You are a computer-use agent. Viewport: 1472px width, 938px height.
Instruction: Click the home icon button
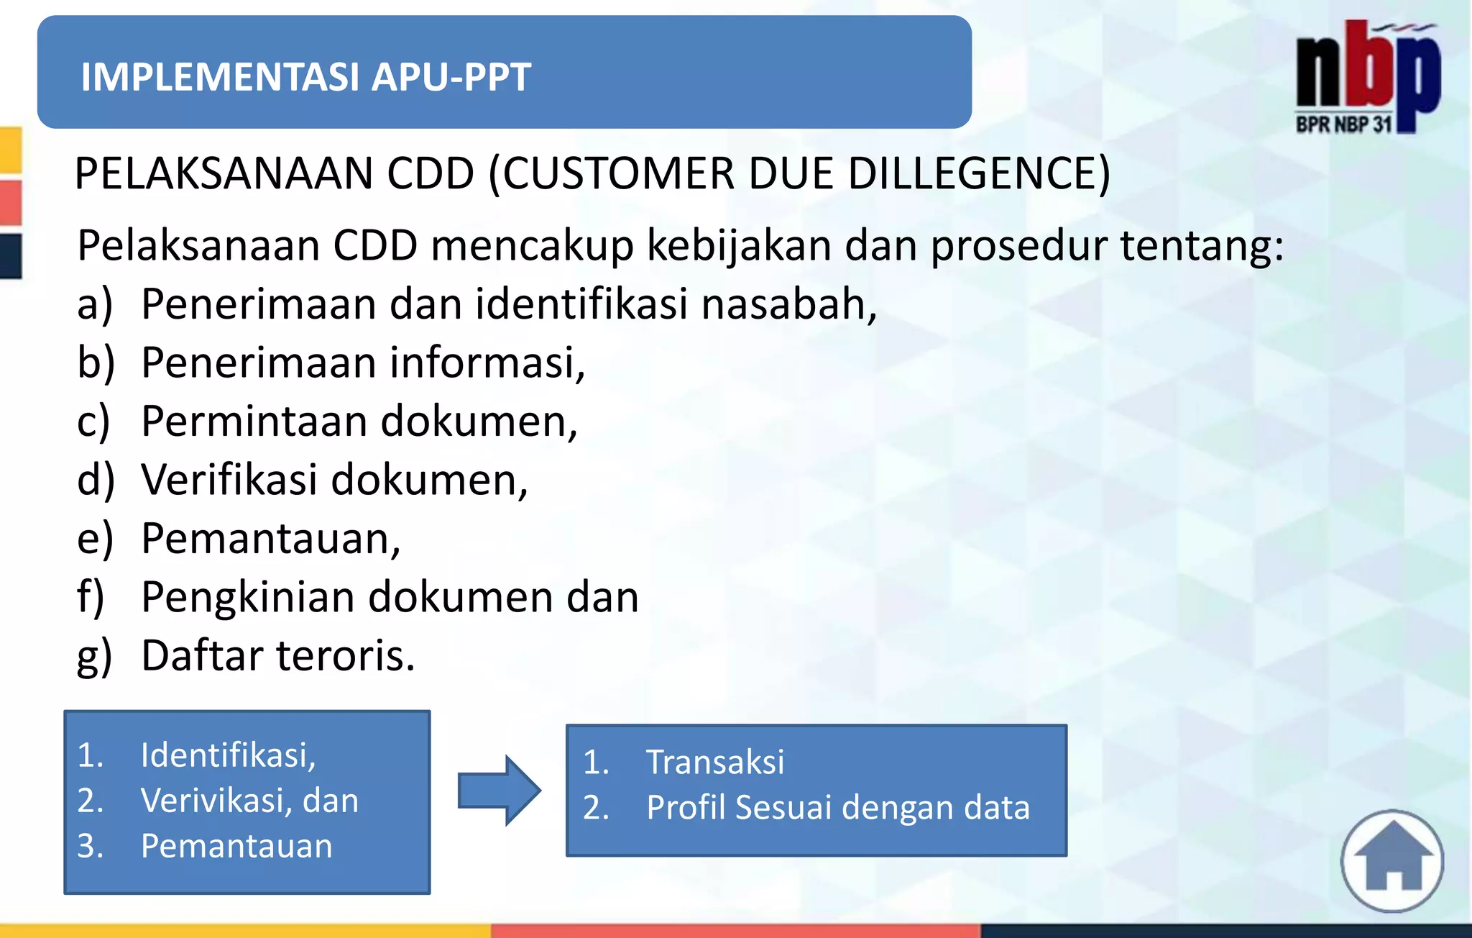point(1392,861)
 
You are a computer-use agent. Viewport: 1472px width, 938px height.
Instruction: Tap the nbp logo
point(1368,72)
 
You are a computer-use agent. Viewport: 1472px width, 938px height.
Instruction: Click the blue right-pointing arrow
point(500,790)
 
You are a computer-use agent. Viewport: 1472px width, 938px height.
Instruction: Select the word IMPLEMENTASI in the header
point(221,77)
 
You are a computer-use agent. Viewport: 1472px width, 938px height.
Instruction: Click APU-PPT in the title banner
point(451,77)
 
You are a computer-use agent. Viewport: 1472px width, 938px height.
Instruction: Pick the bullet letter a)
point(95,304)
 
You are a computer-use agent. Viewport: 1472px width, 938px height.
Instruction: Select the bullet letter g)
point(95,656)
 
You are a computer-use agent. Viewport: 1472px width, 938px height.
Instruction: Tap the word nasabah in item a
point(788,304)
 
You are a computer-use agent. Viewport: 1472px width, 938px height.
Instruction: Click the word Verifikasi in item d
point(229,480)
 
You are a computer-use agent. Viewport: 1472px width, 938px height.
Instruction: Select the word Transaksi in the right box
point(715,762)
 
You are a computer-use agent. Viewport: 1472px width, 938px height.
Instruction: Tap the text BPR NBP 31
point(1343,124)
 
